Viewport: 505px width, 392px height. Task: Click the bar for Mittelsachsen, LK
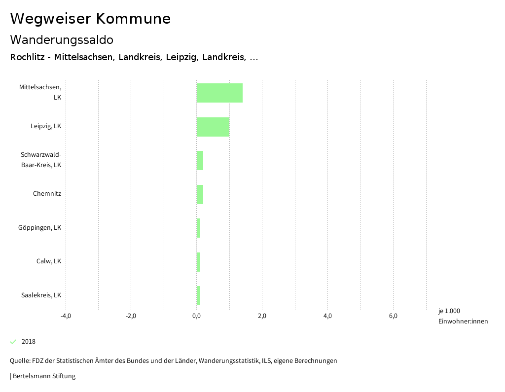click(219, 93)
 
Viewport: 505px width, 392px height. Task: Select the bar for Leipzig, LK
click(213, 127)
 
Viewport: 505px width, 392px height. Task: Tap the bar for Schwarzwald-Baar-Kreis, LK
click(200, 160)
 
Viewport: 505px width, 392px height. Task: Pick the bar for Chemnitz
click(200, 194)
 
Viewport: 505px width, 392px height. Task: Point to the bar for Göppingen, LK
click(198, 228)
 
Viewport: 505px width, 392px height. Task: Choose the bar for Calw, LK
click(198, 262)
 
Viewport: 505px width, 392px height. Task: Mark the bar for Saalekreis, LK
click(198, 295)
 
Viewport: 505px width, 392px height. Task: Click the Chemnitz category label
click(47, 194)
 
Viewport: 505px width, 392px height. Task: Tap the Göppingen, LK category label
click(39, 228)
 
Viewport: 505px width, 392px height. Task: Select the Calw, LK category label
click(48, 261)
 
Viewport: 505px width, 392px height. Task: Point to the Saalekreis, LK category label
click(41, 295)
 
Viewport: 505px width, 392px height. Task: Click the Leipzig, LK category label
click(45, 126)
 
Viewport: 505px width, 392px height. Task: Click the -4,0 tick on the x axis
click(66, 316)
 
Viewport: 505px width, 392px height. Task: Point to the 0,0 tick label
click(196, 316)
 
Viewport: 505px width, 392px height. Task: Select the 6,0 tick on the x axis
click(393, 316)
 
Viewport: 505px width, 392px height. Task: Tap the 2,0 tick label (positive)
click(262, 316)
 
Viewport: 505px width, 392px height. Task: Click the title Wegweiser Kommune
click(90, 19)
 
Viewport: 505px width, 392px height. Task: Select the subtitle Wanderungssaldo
click(62, 39)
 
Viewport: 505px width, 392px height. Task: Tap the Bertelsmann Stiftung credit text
click(43, 376)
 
